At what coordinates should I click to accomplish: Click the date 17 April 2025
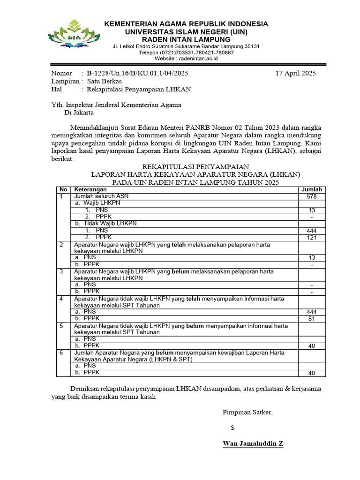click(296, 73)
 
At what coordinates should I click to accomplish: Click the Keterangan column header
click(90, 189)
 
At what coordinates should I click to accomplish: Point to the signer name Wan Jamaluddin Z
click(253, 443)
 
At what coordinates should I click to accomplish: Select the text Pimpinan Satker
click(247, 412)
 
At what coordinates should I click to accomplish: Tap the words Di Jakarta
click(79, 112)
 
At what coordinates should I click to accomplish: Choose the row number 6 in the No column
click(61, 352)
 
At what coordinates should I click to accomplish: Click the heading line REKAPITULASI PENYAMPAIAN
click(195, 167)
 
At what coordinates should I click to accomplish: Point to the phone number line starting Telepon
click(186, 52)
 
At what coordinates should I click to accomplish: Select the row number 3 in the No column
click(61, 271)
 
